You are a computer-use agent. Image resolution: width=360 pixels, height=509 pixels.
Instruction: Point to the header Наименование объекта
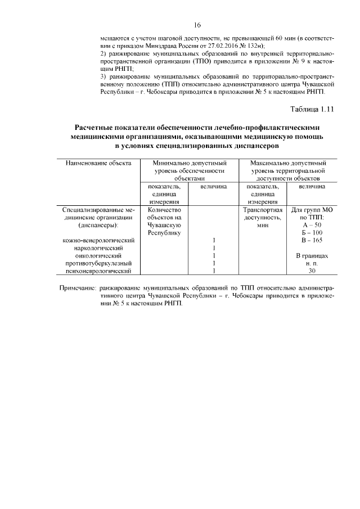98,163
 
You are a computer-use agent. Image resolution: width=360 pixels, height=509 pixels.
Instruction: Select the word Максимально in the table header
270,163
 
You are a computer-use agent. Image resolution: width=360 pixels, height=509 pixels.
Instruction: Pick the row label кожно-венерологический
99,240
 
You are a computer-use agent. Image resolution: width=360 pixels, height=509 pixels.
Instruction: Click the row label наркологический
99,248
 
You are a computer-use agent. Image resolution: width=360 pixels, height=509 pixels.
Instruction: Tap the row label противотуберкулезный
99,263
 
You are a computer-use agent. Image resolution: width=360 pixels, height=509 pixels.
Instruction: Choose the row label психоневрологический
99,271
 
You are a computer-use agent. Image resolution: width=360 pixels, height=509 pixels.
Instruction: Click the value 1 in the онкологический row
214,256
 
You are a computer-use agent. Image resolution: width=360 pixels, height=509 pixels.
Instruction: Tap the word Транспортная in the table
262,209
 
